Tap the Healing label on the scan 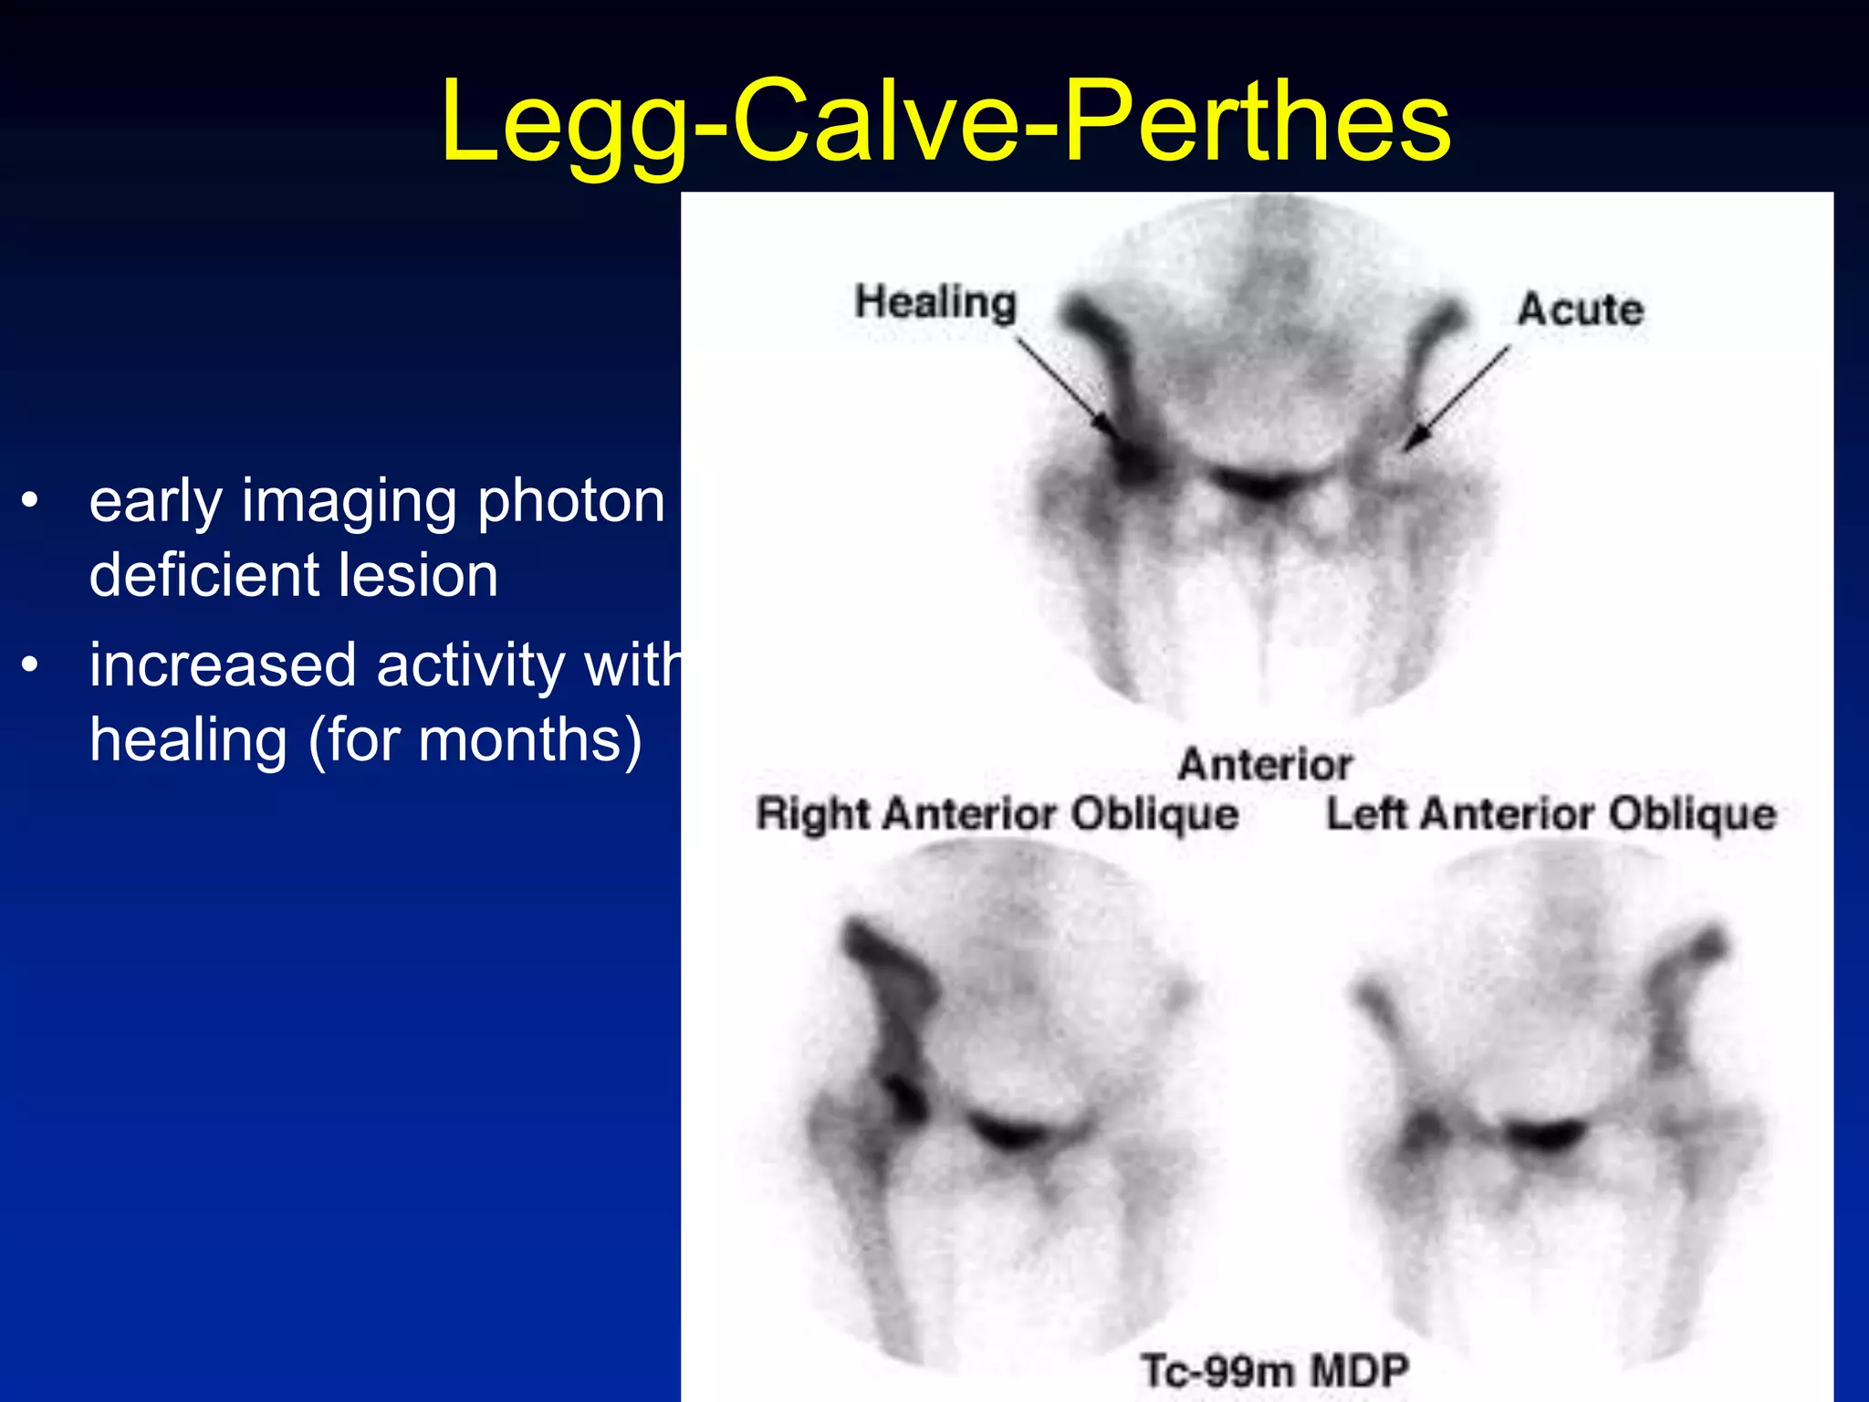click(x=935, y=302)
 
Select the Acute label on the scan click(x=1581, y=309)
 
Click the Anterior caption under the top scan click(x=1265, y=764)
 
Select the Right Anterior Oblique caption click(x=997, y=813)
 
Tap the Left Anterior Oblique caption click(x=1551, y=813)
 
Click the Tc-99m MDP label click(x=1275, y=1370)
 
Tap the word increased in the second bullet click(x=222, y=664)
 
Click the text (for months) click(x=475, y=739)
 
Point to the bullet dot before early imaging click(x=31, y=501)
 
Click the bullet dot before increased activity click(x=31, y=665)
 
